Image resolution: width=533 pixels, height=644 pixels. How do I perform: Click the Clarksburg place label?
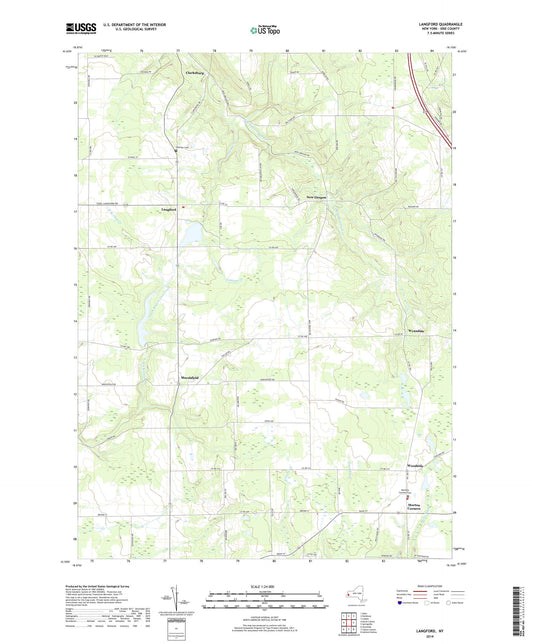pyautogui.click(x=194, y=73)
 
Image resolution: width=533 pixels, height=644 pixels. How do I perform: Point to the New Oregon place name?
pyautogui.click(x=318, y=197)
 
